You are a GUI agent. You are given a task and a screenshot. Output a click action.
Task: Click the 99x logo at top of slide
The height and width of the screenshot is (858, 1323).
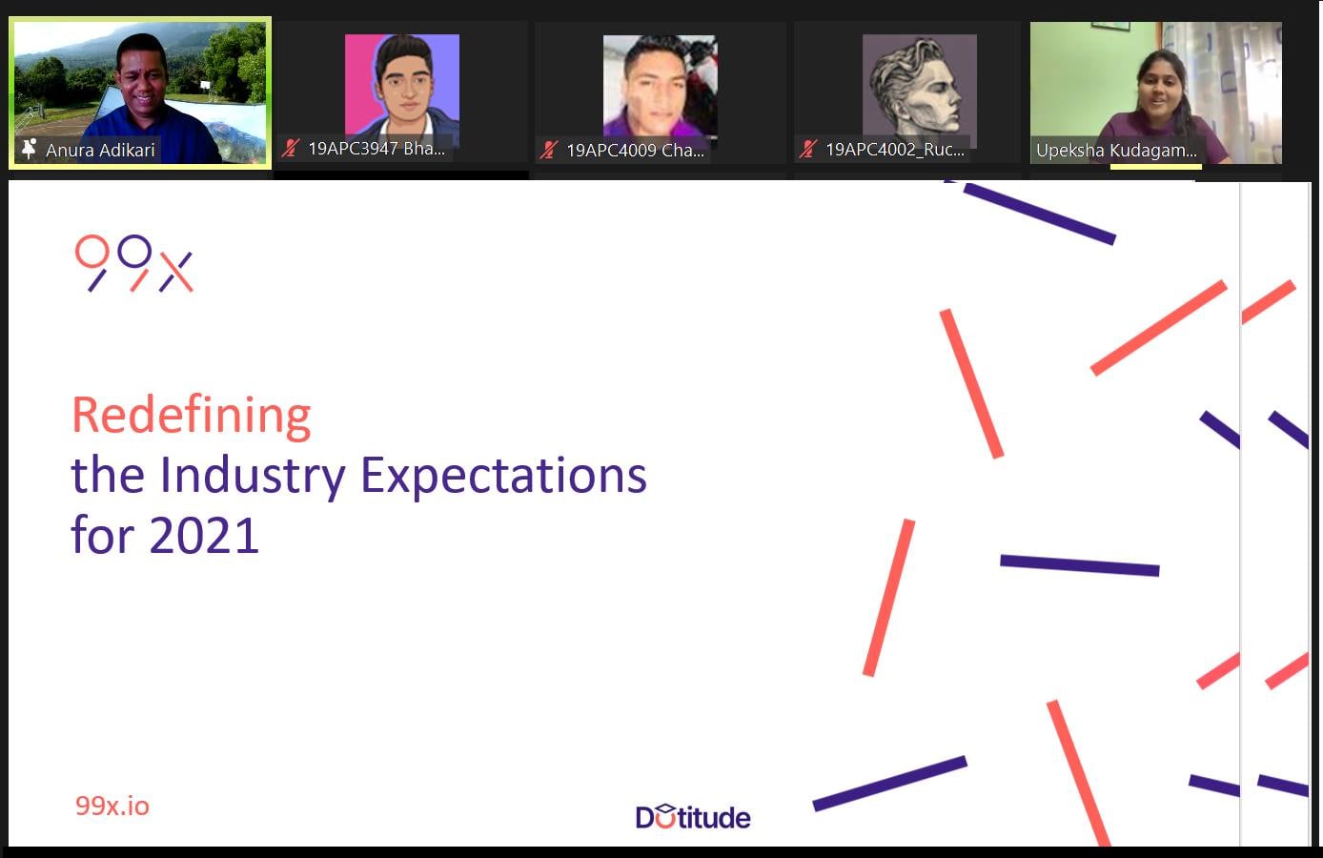(134, 263)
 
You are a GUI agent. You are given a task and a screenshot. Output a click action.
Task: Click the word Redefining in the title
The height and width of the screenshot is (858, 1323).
(191, 416)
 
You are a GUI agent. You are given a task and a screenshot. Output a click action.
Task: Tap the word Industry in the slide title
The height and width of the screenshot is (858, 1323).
(253, 477)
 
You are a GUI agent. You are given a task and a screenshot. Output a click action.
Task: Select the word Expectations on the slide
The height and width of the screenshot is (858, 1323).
(504, 477)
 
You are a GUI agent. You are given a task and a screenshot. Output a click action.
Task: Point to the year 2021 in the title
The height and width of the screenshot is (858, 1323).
(204, 536)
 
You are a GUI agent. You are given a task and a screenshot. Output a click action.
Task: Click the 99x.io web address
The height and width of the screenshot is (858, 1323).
(112, 806)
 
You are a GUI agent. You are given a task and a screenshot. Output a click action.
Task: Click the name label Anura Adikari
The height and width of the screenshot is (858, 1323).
(100, 150)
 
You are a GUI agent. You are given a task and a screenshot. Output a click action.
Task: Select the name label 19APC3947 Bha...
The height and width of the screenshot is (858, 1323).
(377, 149)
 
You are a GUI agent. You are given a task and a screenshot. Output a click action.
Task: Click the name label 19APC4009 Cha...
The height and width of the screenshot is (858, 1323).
(635, 150)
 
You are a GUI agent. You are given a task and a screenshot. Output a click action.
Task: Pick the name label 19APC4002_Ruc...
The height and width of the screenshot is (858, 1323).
(895, 150)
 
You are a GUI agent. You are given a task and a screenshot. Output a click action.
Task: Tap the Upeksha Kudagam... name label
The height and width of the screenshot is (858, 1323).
(1116, 151)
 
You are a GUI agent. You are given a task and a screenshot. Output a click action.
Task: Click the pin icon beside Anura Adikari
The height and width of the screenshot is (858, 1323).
(29, 149)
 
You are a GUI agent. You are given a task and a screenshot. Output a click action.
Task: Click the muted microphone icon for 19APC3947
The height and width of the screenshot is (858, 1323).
(290, 149)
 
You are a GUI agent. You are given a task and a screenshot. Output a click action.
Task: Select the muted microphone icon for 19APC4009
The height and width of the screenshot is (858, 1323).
(549, 150)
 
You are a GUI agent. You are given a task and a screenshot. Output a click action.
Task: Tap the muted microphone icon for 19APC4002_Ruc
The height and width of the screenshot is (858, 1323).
(808, 150)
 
